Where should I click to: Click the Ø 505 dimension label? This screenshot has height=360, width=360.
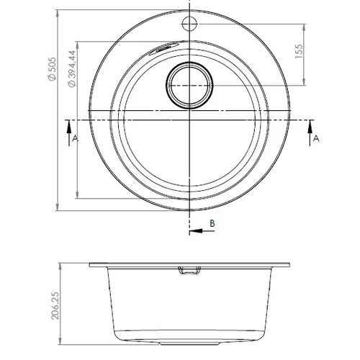(52, 69)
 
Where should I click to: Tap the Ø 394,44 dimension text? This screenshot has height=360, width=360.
(72, 68)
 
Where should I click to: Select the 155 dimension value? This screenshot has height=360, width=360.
(299, 51)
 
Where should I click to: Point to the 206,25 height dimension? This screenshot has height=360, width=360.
(55, 306)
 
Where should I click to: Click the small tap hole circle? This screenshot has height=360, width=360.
(189, 24)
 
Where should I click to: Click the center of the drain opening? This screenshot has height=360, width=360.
(189, 85)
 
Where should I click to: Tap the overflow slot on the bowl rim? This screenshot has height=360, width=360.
(163, 48)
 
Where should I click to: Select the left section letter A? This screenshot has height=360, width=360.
(75, 138)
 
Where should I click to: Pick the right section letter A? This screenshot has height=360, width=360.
(316, 138)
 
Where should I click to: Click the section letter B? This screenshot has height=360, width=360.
(212, 223)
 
